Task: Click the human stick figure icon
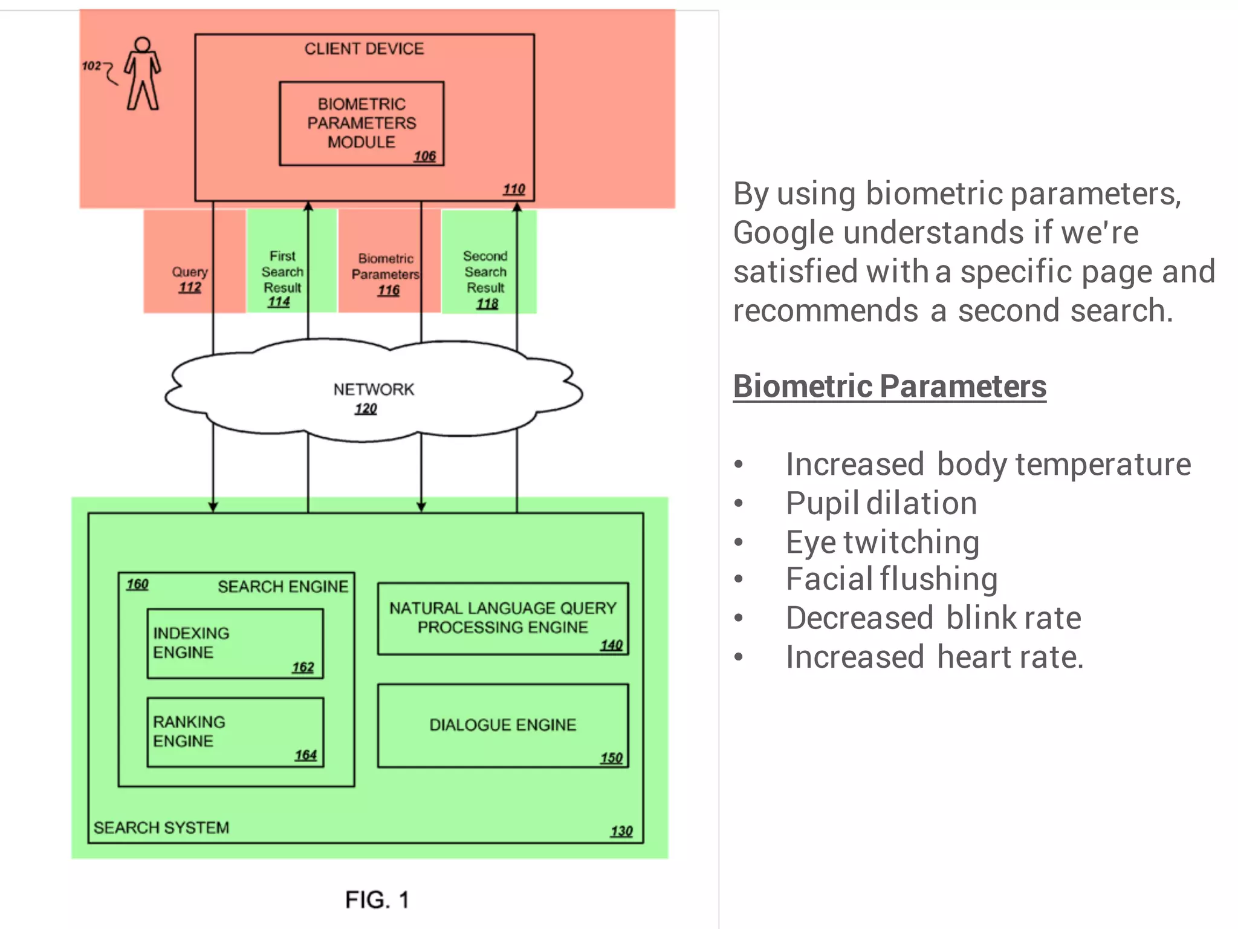click(x=143, y=74)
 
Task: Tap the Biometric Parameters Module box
click(x=361, y=123)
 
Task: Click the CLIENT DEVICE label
click(x=364, y=49)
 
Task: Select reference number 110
click(x=514, y=189)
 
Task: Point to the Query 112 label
click(x=190, y=279)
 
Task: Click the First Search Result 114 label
click(x=282, y=279)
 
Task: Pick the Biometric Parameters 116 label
click(x=386, y=275)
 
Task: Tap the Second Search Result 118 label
click(x=485, y=279)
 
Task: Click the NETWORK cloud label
click(x=374, y=390)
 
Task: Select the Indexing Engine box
click(x=235, y=644)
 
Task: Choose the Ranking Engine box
click(x=235, y=732)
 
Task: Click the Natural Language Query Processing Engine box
click(x=503, y=618)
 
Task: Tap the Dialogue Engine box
click(x=503, y=725)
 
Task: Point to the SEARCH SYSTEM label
click(x=161, y=827)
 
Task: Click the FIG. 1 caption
click(x=377, y=900)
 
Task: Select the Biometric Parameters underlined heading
click(x=889, y=386)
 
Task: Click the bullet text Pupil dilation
click(x=881, y=504)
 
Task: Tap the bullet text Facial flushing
click(x=891, y=579)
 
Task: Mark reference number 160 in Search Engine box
click(x=137, y=584)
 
